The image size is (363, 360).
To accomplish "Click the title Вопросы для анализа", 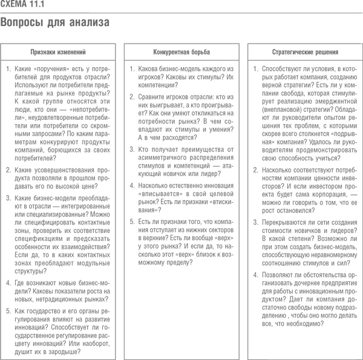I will tap(55, 24).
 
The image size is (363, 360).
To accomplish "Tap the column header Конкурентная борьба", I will tap(181, 53).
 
